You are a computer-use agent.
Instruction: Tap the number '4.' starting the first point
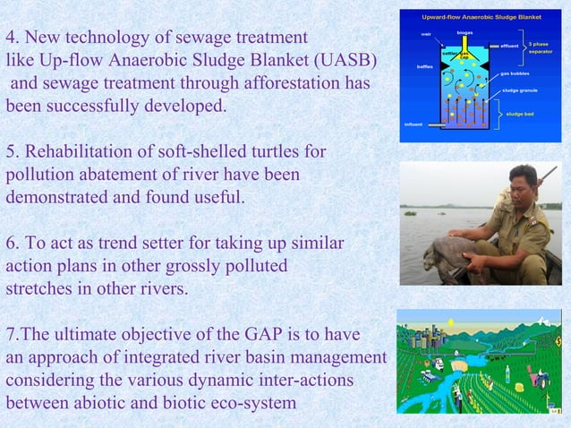pos(13,39)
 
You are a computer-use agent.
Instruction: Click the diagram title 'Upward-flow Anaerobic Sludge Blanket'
pos(481,17)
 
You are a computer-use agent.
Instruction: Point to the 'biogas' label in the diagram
pos(464,32)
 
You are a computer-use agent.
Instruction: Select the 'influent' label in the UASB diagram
pos(413,124)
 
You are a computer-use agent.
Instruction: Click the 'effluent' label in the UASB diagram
pos(509,45)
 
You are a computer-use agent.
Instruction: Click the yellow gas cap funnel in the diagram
pos(464,53)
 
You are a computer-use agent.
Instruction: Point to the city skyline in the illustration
pos(421,333)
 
